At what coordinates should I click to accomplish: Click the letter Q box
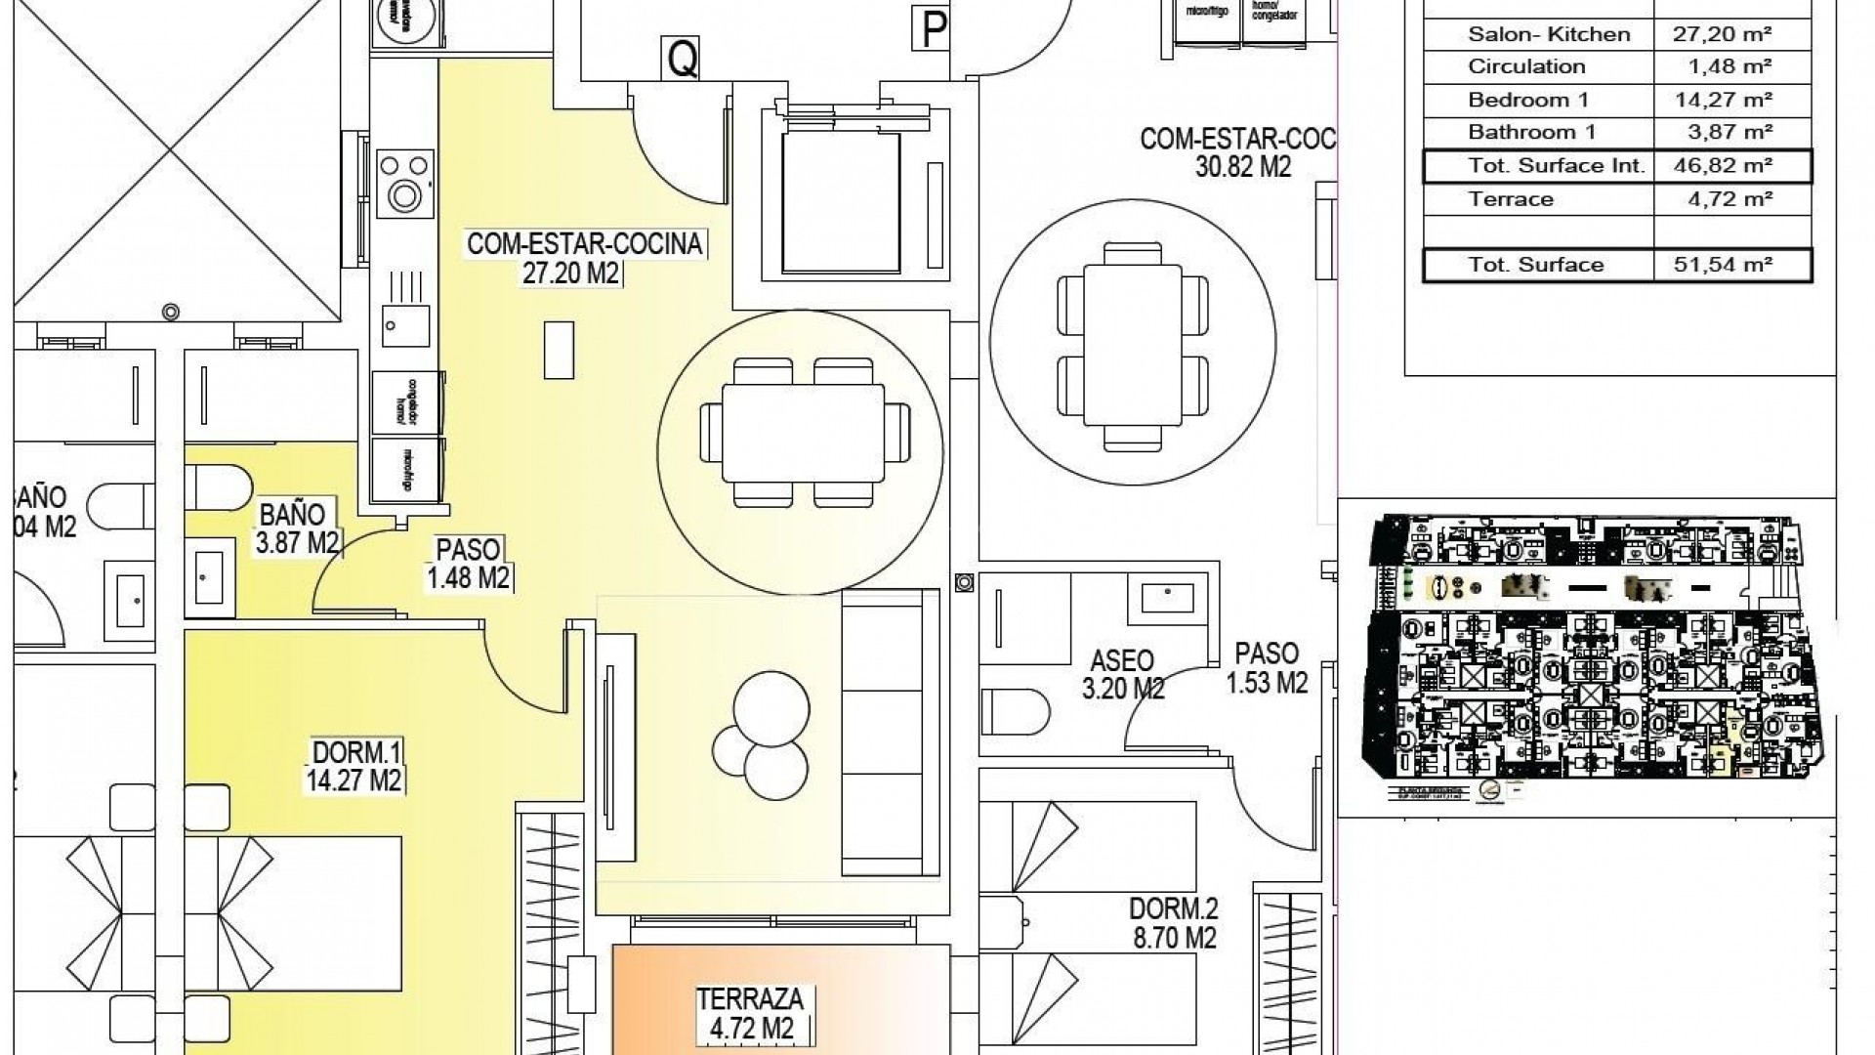pyautogui.click(x=682, y=59)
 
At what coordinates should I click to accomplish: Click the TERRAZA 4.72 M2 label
pyautogui.click(x=750, y=1014)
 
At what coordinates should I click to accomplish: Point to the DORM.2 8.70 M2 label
pyautogui.click(x=1173, y=923)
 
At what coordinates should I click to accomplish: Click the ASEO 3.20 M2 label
pyautogui.click(x=1123, y=675)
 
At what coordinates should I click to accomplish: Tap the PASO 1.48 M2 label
pyautogui.click(x=469, y=564)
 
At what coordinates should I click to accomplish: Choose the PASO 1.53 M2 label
pyautogui.click(x=1267, y=668)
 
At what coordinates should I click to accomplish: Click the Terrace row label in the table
pyautogui.click(x=1511, y=199)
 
